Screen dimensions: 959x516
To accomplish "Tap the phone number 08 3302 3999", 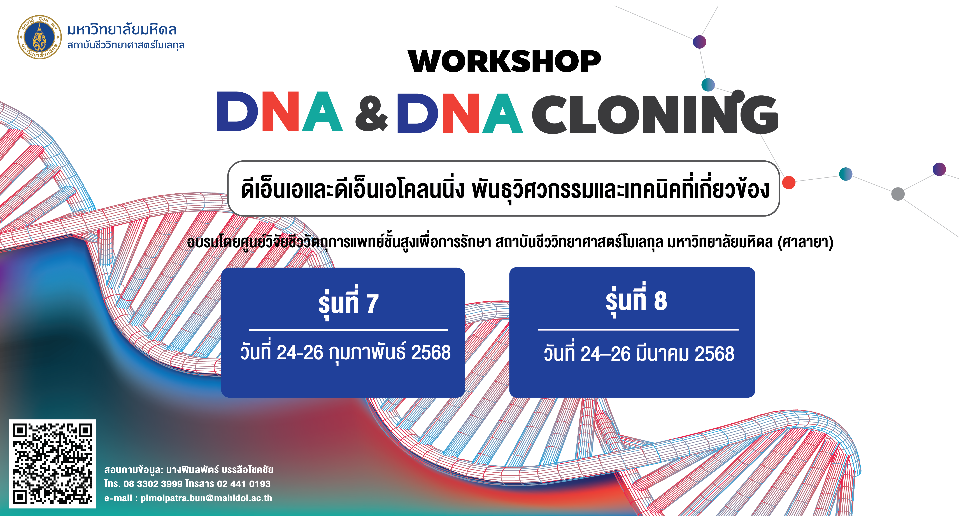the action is (x=153, y=484).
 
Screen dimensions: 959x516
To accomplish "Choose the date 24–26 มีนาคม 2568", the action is (x=657, y=353).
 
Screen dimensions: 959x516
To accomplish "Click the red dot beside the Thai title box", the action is (x=788, y=183).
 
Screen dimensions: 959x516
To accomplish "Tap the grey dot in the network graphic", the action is (x=898, y=194).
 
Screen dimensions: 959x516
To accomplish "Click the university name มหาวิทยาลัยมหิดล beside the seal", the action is (x=122, y=29).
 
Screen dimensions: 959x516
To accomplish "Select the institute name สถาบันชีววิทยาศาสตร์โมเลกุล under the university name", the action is (x=126, y=45).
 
